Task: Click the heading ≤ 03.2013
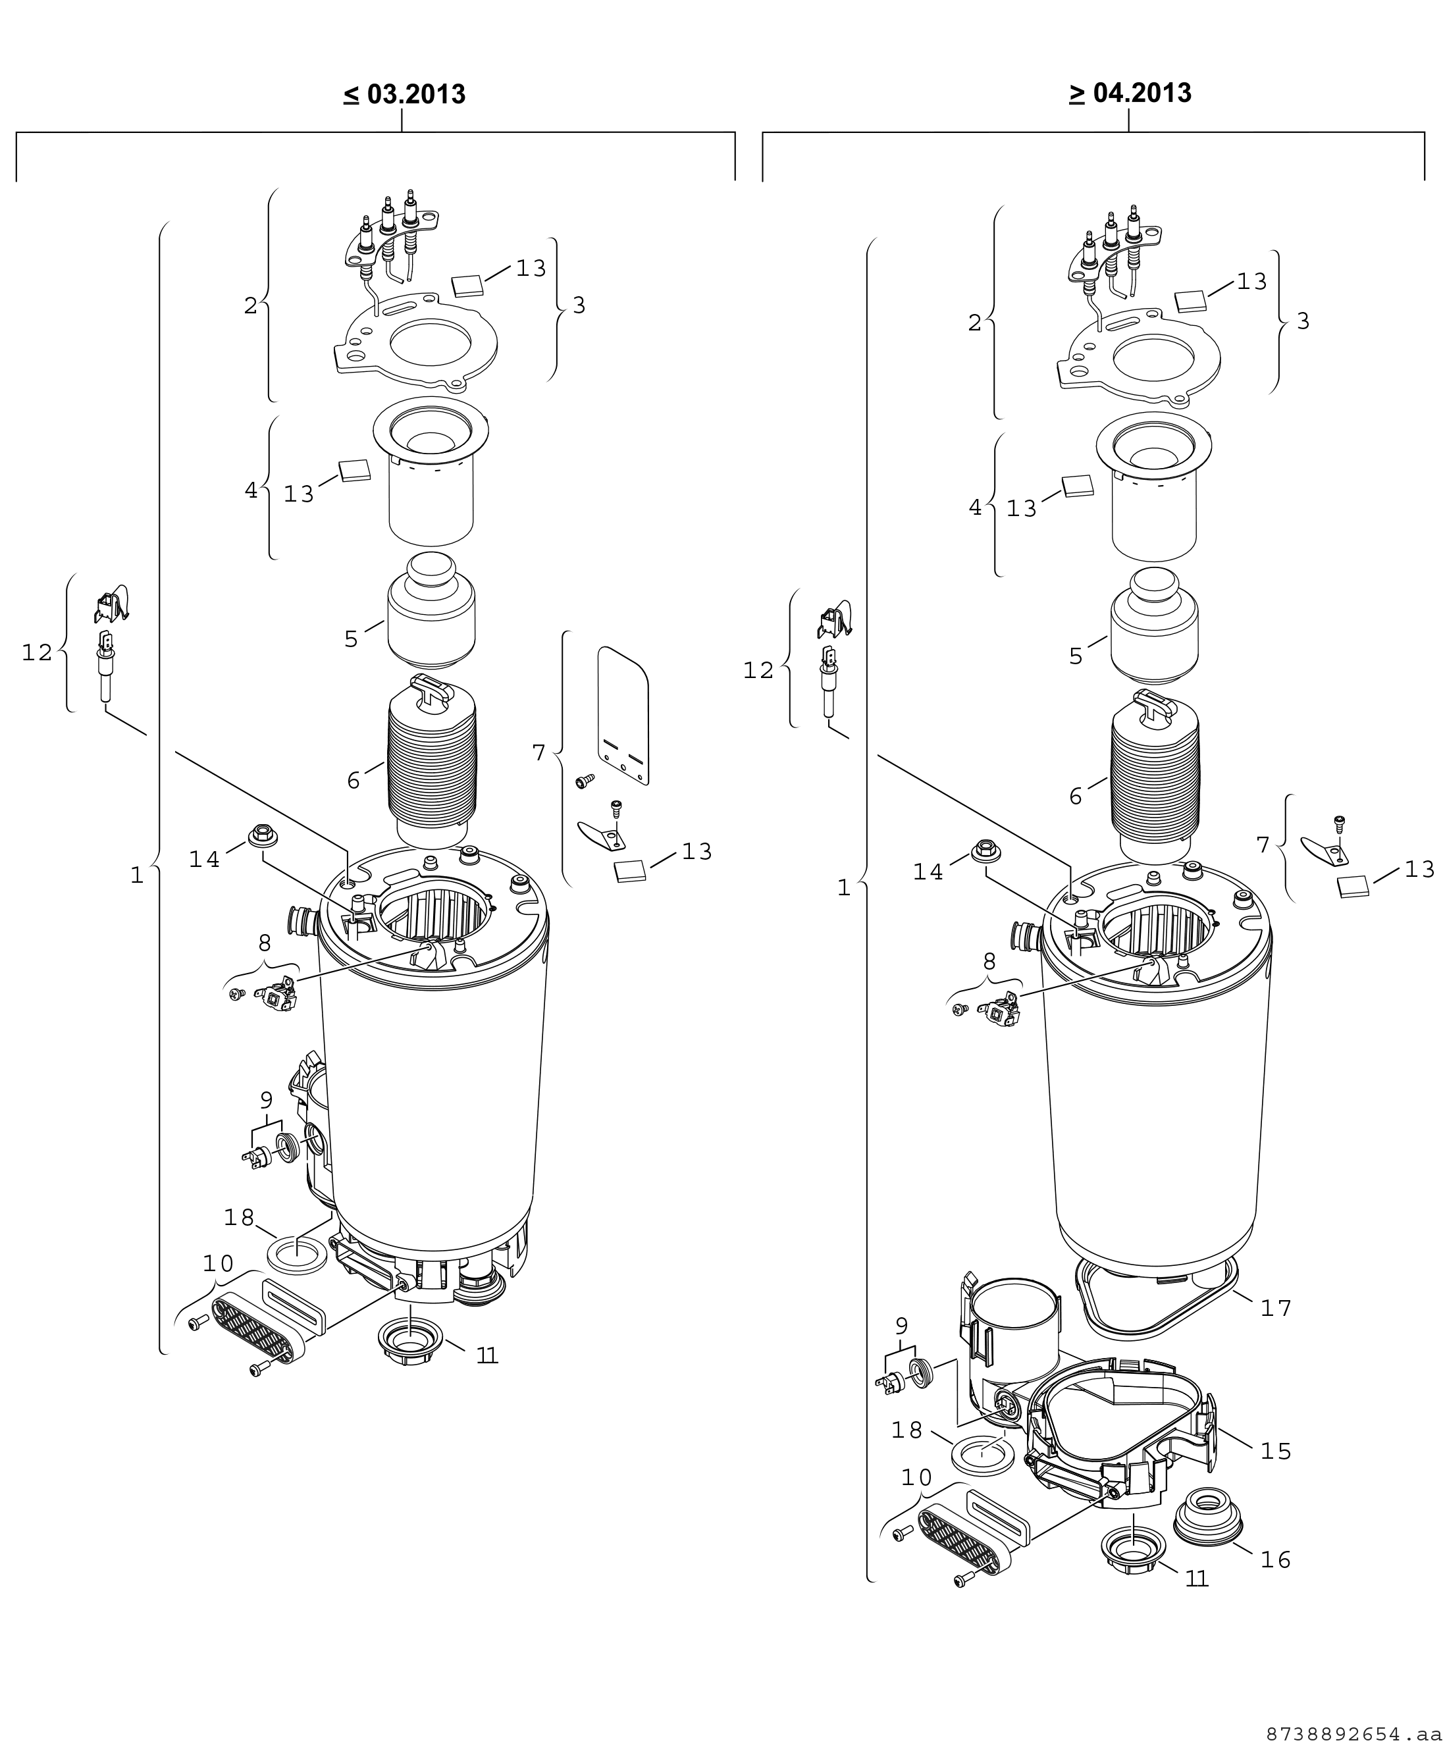[404, 94]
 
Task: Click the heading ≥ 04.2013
[1130, 92]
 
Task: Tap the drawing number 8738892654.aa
[1353, 1734]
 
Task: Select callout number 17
[1276, 1309]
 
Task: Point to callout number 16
[1276, 1560]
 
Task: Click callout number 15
[1276, 1452]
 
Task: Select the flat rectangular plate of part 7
[623, 715]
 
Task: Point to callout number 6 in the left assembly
[354, 781]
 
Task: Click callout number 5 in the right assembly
[1076, 657]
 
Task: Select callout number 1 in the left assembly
[137, 876]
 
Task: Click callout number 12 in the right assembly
[758, 670]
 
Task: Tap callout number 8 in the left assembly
[265, 943]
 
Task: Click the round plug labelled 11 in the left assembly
[411, 1341]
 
